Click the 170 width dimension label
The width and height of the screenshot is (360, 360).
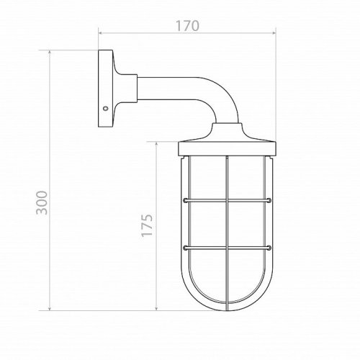coord(187,26)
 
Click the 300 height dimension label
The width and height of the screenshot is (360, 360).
coord(42,202)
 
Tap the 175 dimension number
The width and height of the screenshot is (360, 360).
coord(147,225)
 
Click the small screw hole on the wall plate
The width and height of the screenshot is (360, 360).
coord(105,109)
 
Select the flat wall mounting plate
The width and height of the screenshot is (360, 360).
coord(105,89)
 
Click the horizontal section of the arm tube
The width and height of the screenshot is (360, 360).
coord(168,89)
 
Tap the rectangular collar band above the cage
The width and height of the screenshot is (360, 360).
coord(227,149)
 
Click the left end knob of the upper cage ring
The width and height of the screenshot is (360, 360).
coord(185,200)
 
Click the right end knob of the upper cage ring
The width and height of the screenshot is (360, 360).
coord(269,200)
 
